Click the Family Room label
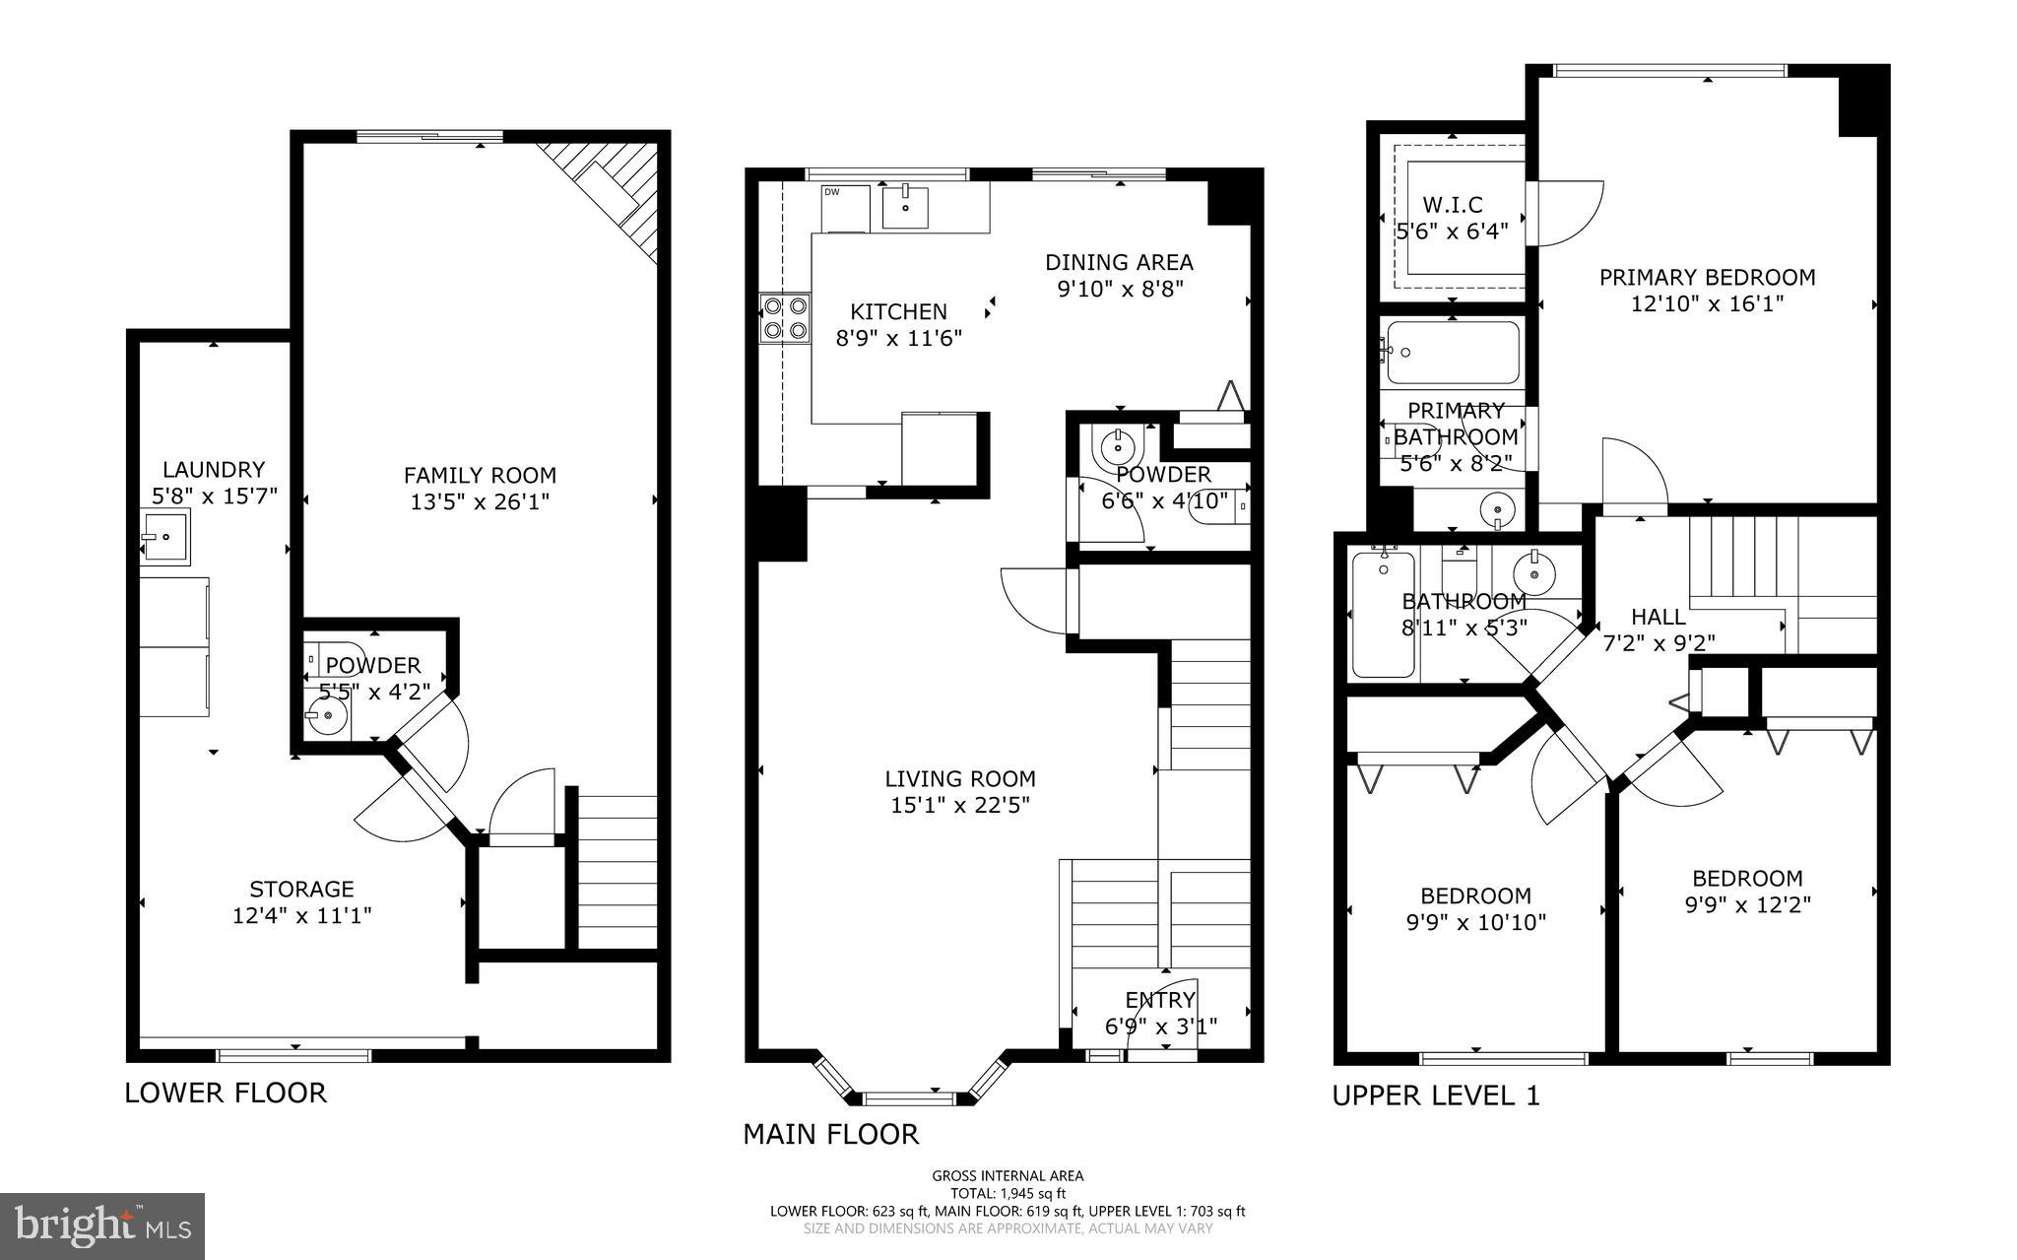(x=480, y=476)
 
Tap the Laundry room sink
(x=164, y=537)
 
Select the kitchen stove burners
(x=784, y=318)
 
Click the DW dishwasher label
(x=832, y=192)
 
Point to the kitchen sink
(x=905, y=208)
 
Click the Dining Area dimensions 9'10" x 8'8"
(x=1119, y=290)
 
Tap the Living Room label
(x=960, y=779)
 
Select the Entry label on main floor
(x=1160, y=1001)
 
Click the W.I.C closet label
(x=1453, y=205)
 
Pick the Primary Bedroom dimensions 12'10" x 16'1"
(x=1707, y=303)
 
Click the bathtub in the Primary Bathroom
(x=1453, y=353)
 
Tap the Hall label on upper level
(x=1659, y=617)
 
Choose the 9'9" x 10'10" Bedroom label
(x=1475, y=895)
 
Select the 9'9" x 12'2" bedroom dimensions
(x=1747, y=904)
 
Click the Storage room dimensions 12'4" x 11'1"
(x=301, y=916)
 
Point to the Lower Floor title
(x=226, y=1093)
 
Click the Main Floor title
(x=830, y=1135)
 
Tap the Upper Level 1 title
(x=1436, y=1095)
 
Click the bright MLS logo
(x=102, y=1227)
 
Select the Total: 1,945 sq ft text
(x=1008, y=1193)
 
